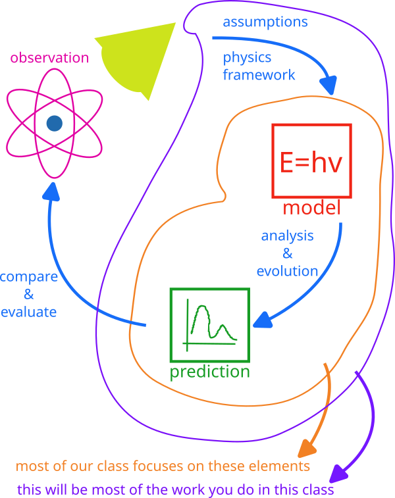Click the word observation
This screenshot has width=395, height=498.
coord(49,58)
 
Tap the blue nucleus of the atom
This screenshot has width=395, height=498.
coord(54,123)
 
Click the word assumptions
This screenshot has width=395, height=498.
coord(265,22)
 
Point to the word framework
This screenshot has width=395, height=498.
coord(259,74)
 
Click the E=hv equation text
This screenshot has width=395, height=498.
coord(311,162)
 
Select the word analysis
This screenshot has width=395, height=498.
coord(287,236)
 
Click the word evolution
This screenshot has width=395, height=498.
coord(287,270)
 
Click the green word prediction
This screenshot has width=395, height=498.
coord(210,372)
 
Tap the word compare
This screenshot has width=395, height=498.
coord(28,276)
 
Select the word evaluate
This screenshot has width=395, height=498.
coord(28,312)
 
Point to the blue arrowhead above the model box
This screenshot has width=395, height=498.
coord(329,86)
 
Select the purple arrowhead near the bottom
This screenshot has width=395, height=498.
coord(338,473)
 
